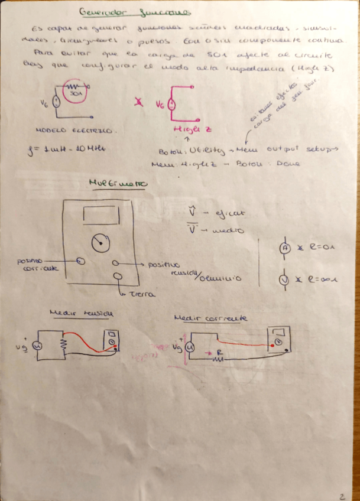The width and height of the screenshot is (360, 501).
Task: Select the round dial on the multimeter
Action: click(100, 241)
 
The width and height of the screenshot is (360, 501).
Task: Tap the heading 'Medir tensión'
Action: click(82, 314)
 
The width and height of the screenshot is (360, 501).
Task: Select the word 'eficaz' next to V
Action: click(229, 211)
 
